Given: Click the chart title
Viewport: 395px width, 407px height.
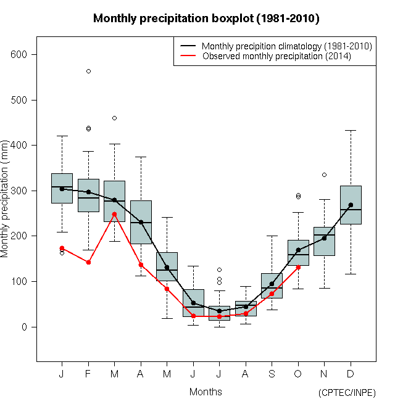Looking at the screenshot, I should coord(206,18).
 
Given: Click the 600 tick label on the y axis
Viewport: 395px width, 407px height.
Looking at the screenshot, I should coord(20,55).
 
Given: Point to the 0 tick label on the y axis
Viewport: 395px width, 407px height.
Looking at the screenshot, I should coord(25,327).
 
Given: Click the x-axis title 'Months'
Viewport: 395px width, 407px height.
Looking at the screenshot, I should coord(206,392).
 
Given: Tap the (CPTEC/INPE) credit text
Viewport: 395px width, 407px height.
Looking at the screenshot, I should coord(347,393).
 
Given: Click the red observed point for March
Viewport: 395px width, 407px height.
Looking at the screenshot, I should coord(115,214).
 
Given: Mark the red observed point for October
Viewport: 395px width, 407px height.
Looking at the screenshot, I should coord(298,267).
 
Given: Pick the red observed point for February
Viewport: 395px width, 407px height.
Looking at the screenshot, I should coord(88,262).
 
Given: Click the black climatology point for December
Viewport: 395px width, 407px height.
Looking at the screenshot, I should coord(351,205).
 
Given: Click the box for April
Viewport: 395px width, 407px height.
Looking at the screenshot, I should coord(141,222).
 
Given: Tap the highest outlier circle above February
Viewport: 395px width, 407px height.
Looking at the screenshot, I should coord(88,71).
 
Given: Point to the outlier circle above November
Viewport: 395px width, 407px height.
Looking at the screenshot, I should coord(324,175).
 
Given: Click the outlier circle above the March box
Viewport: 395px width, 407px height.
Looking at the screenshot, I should coord(115,118).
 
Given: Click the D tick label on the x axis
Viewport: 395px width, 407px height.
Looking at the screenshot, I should coord(351,374).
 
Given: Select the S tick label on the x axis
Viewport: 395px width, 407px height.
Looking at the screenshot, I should coord(272,374).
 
